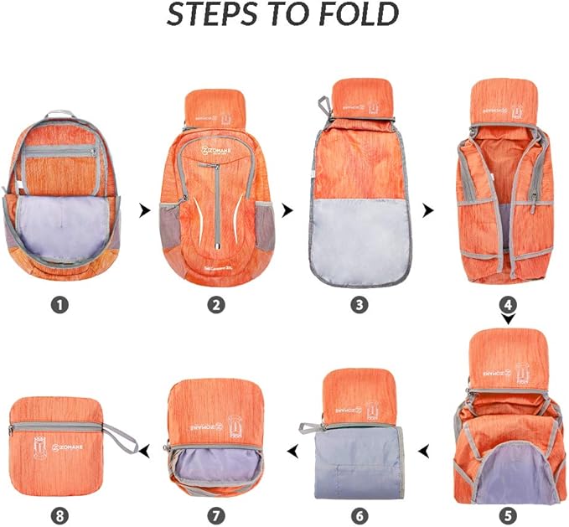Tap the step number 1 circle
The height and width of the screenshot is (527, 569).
[x=59, y=305]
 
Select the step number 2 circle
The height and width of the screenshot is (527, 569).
[x=217, y=305]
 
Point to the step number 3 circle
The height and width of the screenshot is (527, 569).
[x=360, y=305]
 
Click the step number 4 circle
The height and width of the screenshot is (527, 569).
[x=509, y=305]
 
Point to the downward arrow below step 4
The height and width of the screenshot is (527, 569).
[x=509, y=320]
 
